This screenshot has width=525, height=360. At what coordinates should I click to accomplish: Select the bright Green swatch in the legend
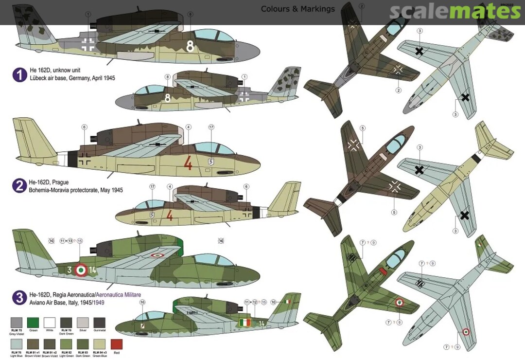33,322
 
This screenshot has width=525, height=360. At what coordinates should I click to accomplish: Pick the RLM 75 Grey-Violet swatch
17,322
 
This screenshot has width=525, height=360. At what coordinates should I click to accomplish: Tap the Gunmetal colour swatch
100,322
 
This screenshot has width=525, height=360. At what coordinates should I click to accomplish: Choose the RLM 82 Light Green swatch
66,344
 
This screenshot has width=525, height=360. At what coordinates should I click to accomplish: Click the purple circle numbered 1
19,74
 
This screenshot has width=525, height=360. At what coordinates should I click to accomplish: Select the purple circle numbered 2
19,185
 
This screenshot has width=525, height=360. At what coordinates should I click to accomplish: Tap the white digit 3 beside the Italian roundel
70,270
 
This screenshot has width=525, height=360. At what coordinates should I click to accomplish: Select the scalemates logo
448,12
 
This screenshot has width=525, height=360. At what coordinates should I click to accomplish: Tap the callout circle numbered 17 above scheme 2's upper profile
211,127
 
